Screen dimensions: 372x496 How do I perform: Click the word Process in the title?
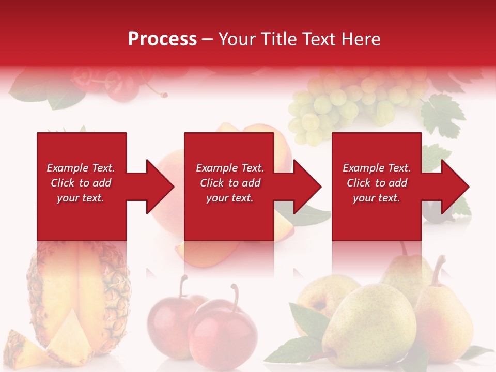pos(162,39)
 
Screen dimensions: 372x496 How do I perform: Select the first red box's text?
pos(81,183)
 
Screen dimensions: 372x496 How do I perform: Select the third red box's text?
pos(377,183)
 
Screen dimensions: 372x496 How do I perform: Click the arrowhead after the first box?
pos(160,187)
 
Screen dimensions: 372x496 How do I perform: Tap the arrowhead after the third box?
pos(455,187)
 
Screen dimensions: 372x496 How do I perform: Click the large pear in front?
pos(369,326)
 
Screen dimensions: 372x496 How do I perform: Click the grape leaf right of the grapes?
pos(442,114)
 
